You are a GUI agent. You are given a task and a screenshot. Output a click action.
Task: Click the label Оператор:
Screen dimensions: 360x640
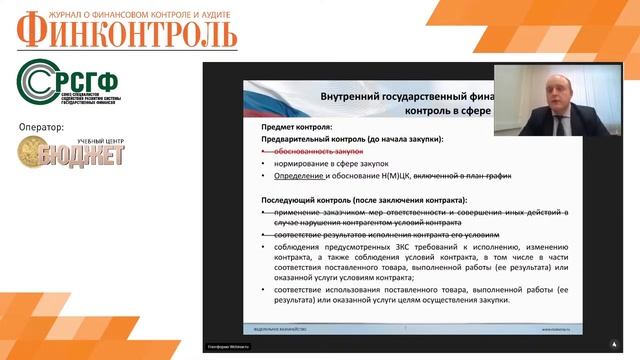(41, 128)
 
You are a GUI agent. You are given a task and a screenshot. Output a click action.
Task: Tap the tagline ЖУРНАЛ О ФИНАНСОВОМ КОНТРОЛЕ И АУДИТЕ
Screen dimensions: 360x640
(138, 14)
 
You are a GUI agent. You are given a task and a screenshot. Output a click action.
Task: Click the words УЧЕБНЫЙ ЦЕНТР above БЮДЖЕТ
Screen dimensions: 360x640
(94, 140)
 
